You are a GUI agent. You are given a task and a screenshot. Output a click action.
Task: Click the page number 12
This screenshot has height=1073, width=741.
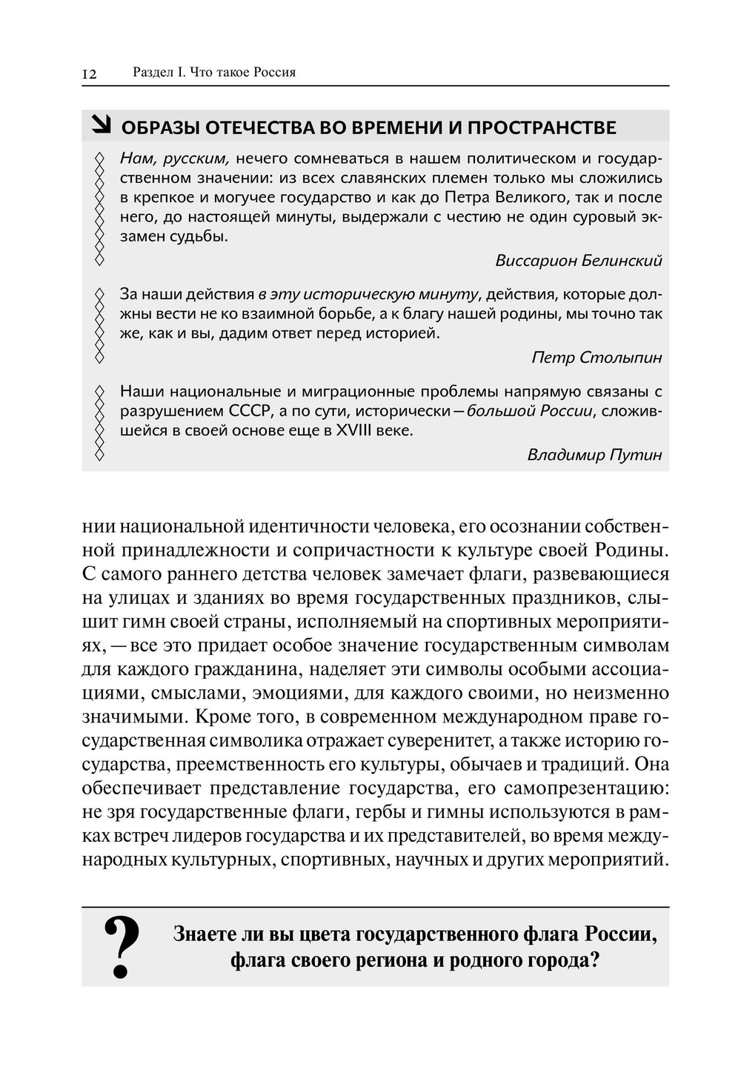pos(89,73)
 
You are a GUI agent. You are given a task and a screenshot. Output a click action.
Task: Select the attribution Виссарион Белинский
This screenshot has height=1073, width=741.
pos(578,261)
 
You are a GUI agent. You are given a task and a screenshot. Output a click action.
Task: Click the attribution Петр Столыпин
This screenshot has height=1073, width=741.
pos(597,358)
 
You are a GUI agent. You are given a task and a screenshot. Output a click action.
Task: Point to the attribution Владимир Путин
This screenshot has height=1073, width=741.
pos(594,455)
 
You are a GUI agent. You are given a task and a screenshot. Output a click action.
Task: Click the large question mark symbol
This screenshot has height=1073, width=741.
pos(122,947)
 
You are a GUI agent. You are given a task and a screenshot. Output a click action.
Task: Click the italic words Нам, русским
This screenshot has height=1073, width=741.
pos(175,159)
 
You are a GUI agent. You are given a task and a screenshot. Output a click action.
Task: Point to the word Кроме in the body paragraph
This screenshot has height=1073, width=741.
pos(224,717)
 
